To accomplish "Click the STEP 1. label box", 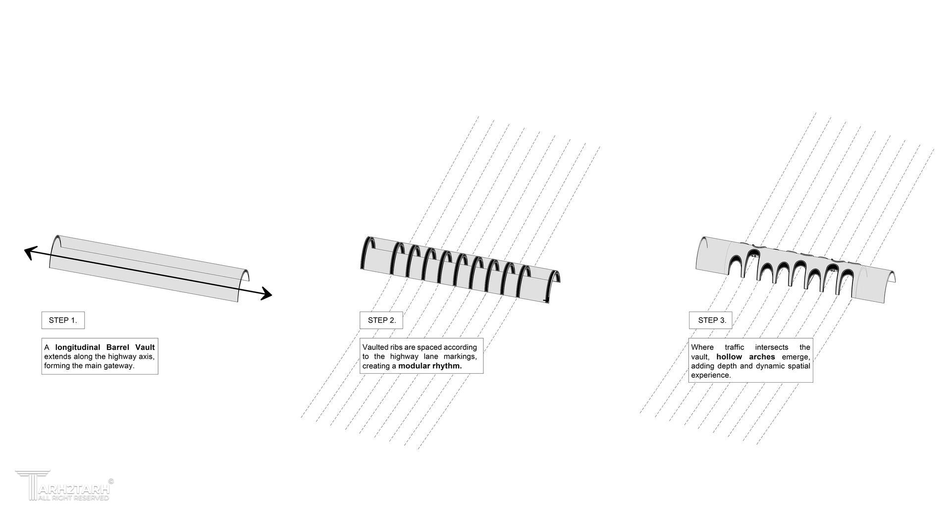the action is (x=63, y=320).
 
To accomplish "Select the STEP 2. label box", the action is (x=381, y=320).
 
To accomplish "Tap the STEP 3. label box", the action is (x=711, y=320).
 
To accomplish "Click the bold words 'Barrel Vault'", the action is (x=131, y=347).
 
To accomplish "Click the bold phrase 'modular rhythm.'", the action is (x=430, y=366).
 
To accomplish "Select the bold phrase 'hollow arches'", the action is (x=745, y=357).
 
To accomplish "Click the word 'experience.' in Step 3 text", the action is (x=711, y=376).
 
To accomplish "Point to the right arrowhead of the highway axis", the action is (x=266, y=294).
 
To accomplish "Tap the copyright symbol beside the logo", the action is (x=111, y=481).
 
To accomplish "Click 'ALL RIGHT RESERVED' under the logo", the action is (x=73, y=498).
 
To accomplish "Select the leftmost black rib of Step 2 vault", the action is (x=368, y=253).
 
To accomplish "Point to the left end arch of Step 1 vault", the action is (x=55, y=251).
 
